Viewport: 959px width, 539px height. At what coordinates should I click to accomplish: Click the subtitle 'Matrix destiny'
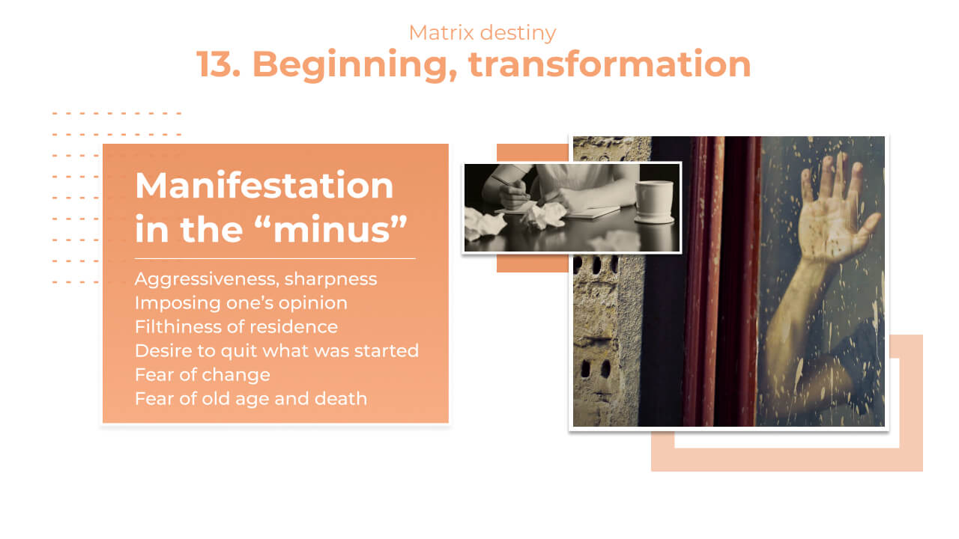(482, 33)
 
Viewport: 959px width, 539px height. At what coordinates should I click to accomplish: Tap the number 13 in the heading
(218, 64)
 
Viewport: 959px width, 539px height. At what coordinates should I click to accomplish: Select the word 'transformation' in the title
(610, 64)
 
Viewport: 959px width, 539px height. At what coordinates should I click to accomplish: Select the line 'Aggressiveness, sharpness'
(255, 279)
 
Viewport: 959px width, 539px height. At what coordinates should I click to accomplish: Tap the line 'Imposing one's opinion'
(240, 303)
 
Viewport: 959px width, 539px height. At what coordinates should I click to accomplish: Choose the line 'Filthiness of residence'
(236, 327)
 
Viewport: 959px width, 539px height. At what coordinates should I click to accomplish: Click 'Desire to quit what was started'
(276, 351)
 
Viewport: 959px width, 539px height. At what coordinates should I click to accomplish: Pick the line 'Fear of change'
(202, 375)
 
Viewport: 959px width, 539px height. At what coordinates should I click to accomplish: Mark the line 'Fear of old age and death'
(251, 399)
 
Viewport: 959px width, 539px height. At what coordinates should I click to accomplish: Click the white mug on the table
(655, 201)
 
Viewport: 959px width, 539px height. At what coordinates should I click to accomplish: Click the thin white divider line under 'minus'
(275, 259)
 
